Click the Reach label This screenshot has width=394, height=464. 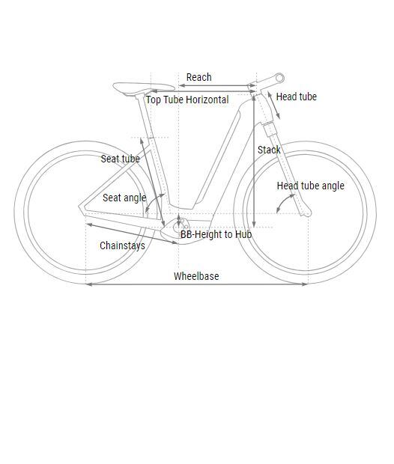point(198,77)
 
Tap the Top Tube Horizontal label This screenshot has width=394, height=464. point(187,100)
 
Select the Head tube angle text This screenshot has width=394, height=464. point(310,186)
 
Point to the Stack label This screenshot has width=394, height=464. point(269,150)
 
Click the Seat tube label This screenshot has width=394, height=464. point(121,159)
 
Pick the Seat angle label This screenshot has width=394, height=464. point(124,198)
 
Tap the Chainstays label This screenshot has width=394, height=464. point(122,245)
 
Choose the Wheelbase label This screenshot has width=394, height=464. point(196,276)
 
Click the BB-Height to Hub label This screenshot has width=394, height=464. point(216,234)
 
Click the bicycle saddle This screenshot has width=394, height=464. point(142,88)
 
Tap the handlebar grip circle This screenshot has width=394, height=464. point(279,78)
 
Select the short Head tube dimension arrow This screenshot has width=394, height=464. point(274,106)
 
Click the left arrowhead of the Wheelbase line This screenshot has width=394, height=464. point(89,284)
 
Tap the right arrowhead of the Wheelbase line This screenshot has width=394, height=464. point(305,284)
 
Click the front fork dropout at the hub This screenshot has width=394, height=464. point(307,213)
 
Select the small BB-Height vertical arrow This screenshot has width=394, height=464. point(178,221)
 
